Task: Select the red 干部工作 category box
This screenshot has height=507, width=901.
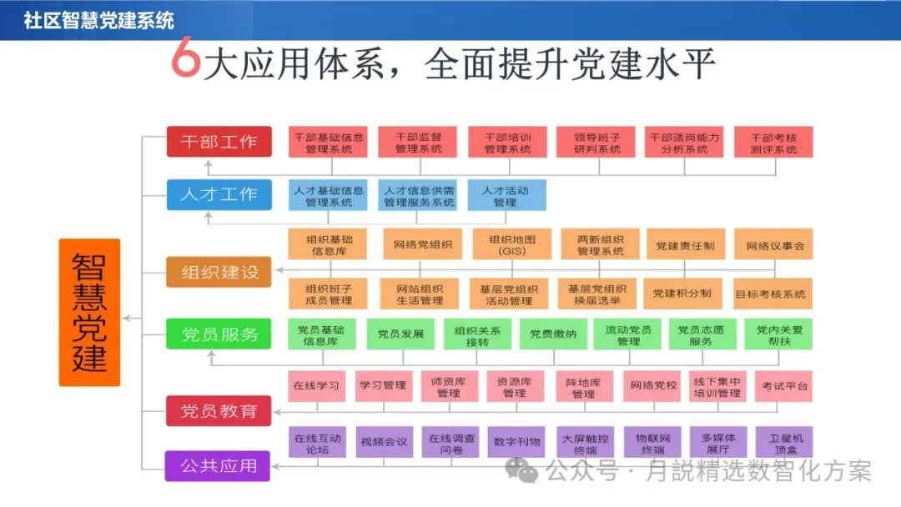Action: pyautogui.click(x=219, y=142)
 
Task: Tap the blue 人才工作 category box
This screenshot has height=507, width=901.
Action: pyautogui.click(x=219, y=195)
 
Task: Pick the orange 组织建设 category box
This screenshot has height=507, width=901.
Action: pyautogui.click(x=219, y=272)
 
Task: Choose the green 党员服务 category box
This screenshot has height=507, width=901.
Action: pyautogui.click(x=219, y=334)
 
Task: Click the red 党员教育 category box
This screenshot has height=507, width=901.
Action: pyautogui.click(x=219, y=411)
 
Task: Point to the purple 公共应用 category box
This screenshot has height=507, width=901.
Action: pyautogui.click(x=218, y=465)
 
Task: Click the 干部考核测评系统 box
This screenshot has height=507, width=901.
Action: pyautogui.click(x=773, y=143)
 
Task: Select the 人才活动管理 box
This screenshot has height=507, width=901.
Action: pyautogui.click(x=506, y=196)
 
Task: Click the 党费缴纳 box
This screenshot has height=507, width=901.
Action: pyautogui.click(x=553, y=334)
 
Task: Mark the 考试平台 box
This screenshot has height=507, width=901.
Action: pyautogui.click(x=784, y=386)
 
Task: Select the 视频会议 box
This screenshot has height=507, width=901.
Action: pyautogui.click(x=384, y=441)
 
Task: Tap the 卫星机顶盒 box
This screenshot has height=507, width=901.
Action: pyautogui.click(x=784, y=442)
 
